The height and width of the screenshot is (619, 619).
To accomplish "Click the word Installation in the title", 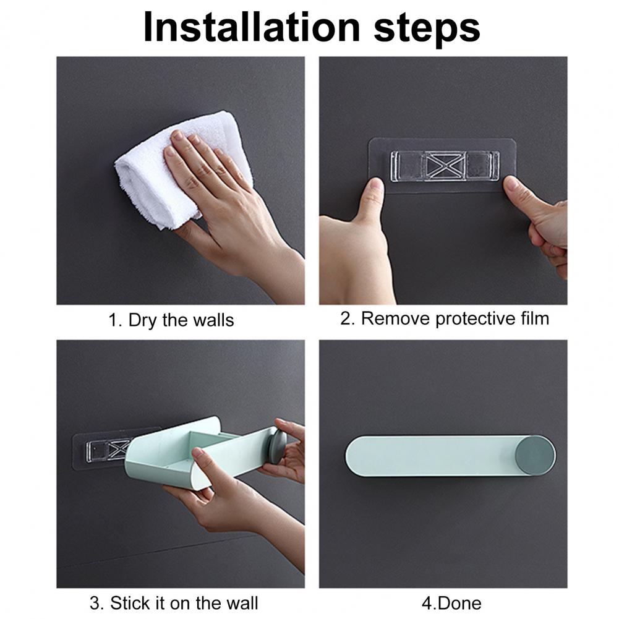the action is pyautogui.click(x=252, y=27).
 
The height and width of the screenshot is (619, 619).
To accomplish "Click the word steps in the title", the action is pyautogui.click(x=427, y=29).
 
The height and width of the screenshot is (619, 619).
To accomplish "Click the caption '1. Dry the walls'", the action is pyautogui.click(x=171, y=320).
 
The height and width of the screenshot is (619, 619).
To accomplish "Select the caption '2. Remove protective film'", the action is pyautogui.click(x=445, y=318).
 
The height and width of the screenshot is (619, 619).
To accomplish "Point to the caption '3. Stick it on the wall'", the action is pyautogui.click(x=174, y=603).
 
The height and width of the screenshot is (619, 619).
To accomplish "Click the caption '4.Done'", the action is pyautogui.click(x=451, y=603).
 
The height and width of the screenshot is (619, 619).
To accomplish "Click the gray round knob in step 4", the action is pyautogui.click(x=536, y=455).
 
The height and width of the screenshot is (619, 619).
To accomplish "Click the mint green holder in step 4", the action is pyautogui.click(x=450, y=456).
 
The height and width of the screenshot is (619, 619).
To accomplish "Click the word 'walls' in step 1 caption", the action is pyautogui.click(x=216, y=320).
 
